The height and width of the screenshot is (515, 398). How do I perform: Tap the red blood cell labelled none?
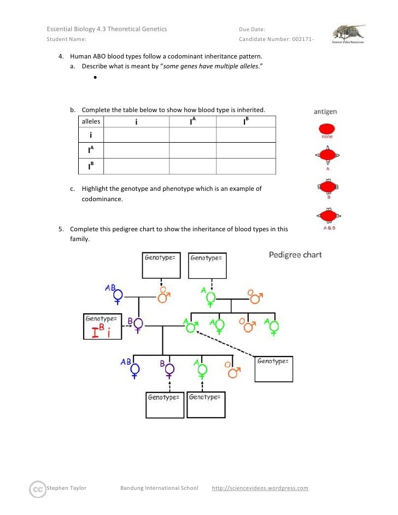click(x=326, y=130)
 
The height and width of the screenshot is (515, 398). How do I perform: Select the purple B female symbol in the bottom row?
click(x=169, y=370)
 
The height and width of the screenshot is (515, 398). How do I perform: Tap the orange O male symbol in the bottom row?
click(x=235, y=371)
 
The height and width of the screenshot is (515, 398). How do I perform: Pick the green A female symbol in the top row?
click(x=211, y=297)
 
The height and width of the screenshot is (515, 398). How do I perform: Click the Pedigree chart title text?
click(x=295, y=255)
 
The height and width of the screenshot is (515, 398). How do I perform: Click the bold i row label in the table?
click(x=90, y=135)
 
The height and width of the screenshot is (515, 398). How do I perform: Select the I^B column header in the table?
click(x=246, y=121)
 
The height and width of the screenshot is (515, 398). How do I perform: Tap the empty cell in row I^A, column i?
click(x=136, y=150)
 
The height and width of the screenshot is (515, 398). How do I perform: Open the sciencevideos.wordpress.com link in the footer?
click(x=260, y=488)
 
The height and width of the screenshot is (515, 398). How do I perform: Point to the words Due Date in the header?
click(x=252, y=29)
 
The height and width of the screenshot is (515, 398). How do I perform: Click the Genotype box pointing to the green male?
click(x=274, y=368)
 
